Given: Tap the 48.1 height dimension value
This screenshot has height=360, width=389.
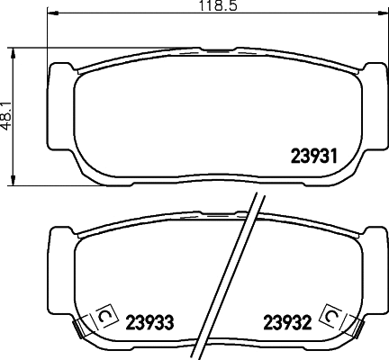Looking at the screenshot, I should click(x=8, y=115).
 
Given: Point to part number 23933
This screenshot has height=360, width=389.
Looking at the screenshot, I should click(x=149, y=319).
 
